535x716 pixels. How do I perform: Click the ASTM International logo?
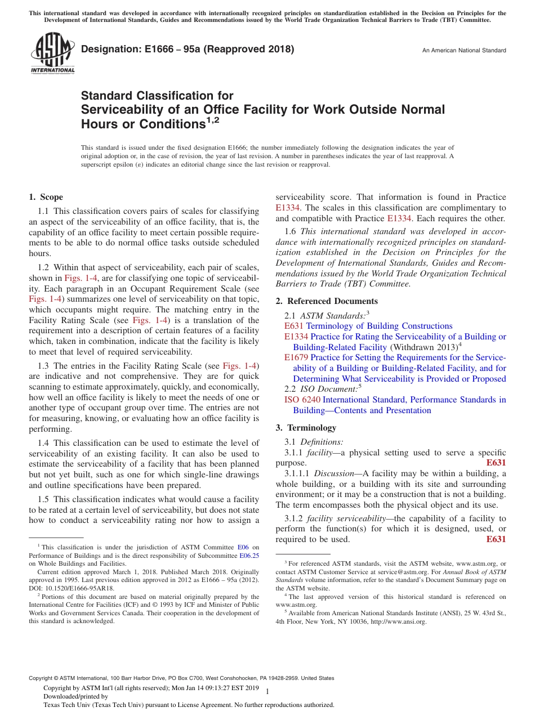(x=53, y=53)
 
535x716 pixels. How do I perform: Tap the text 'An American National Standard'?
(x=463, y=51)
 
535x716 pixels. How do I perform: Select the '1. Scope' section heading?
(x=46, y=197)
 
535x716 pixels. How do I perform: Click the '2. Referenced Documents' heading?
(x=327, y=301)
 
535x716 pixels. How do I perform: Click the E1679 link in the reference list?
(x=296, y=357)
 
